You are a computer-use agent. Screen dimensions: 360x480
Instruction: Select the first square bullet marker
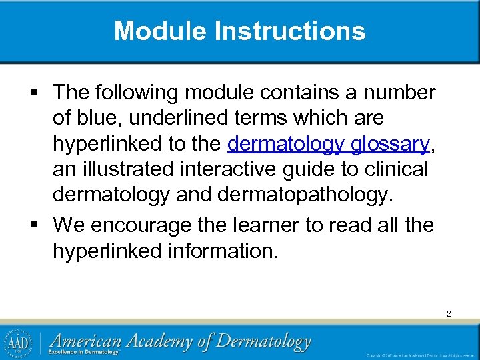pyautogui.click(x=41, y=91)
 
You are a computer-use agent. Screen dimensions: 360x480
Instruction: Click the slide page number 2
pyautogui.click(x=449, y=313)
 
